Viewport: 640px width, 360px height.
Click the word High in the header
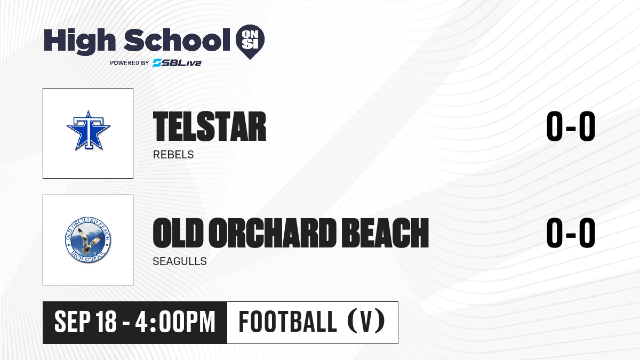point(80,41)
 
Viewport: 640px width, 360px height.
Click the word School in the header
point(177,39)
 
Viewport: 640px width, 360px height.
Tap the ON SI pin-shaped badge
point(250,42)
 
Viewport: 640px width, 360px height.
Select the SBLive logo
point(177,63)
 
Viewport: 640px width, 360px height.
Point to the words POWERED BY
point(130,63)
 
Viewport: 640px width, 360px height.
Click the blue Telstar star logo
point(89,130)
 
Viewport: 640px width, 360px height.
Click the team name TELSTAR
point(210,126)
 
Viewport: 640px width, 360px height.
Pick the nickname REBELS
point(173,155)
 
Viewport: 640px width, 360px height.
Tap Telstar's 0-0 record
point(571,126)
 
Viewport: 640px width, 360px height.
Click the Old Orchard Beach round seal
point(88,240)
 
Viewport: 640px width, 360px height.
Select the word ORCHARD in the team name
point(273,233)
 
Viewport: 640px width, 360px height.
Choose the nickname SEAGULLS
point(180,261)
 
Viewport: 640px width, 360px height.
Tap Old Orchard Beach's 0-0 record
point(571,233)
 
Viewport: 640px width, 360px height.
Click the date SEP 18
point(85,322)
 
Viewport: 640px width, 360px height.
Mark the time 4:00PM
point(175,322)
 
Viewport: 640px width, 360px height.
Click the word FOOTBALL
point(287,322)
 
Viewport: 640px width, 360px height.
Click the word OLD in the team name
point(178,233)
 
